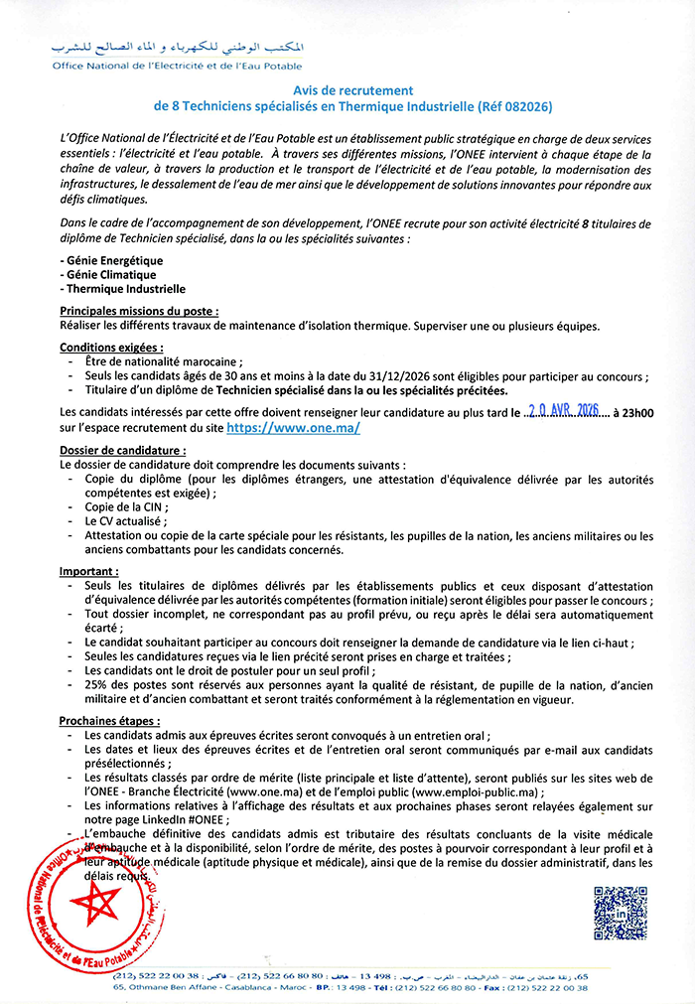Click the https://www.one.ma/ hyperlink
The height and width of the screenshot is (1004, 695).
293,428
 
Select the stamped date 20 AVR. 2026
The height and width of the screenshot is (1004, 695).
565,412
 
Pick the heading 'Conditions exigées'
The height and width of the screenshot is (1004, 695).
111,348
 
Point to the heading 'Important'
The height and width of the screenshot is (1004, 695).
88,572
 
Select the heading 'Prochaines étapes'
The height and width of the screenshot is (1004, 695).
108,718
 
